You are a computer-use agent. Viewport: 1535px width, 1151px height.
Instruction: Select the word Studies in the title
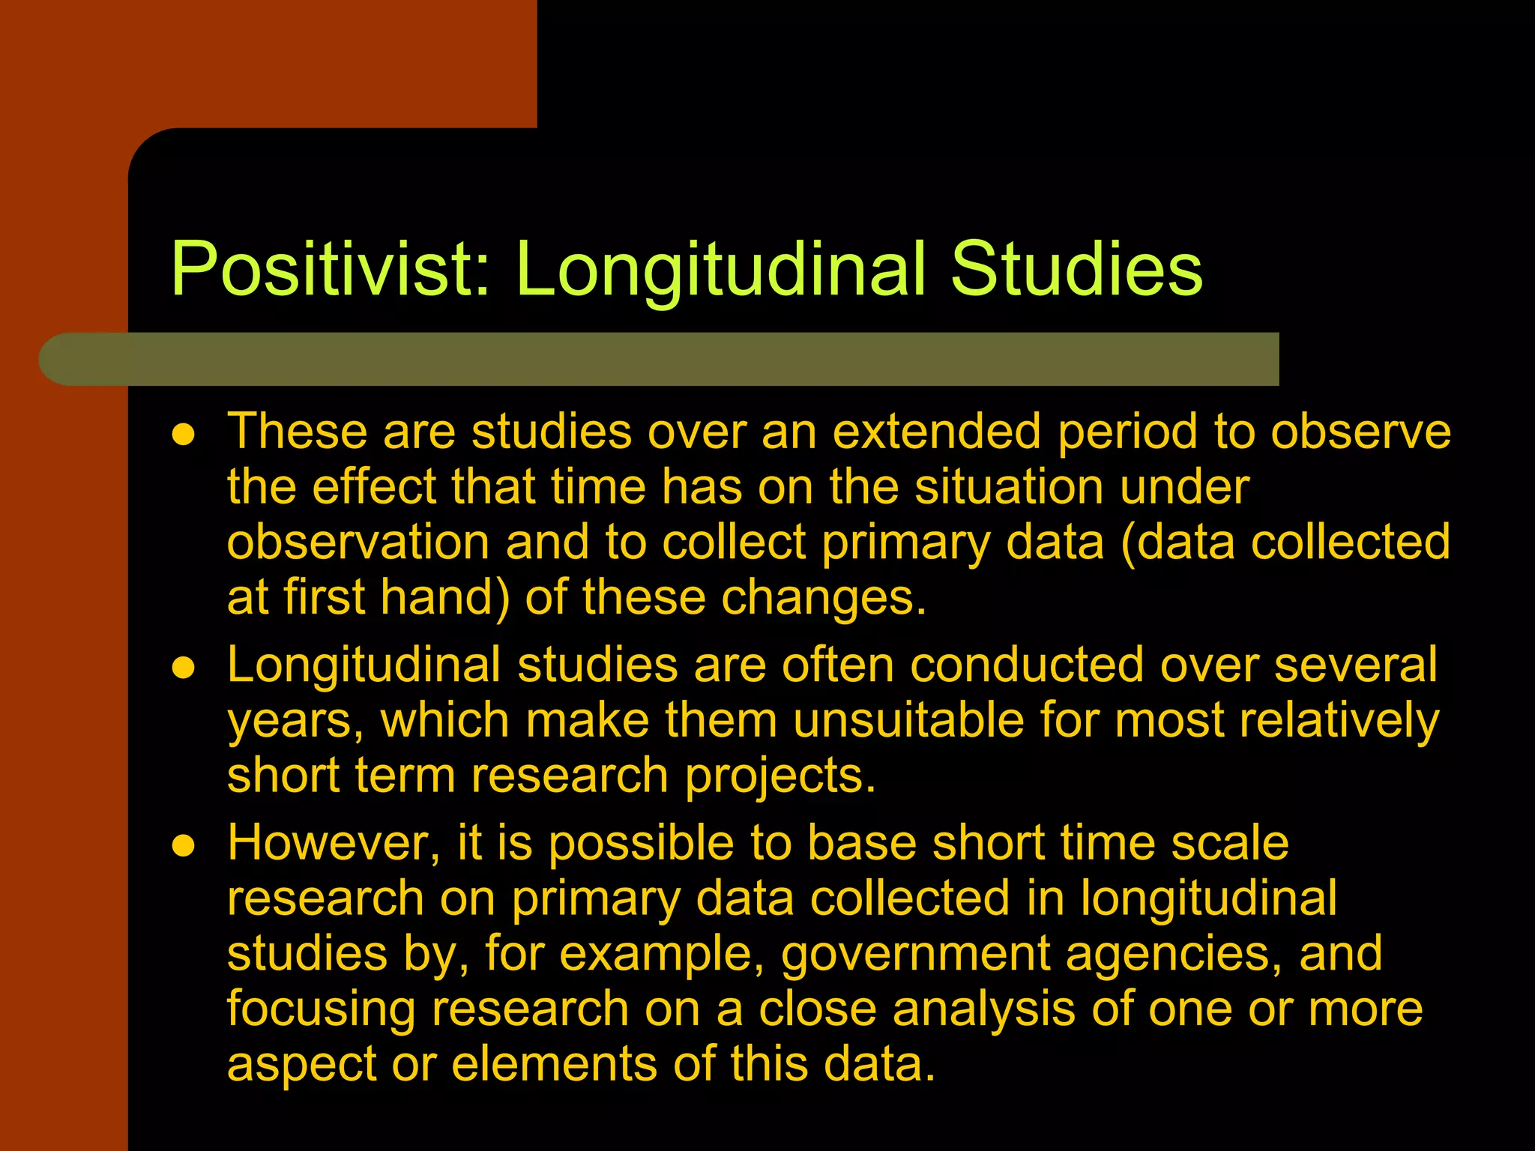(x=1076, y=270)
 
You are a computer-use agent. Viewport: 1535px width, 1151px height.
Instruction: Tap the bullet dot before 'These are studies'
(x=184, y=435)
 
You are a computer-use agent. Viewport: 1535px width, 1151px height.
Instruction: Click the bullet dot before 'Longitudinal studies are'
(x=184, y=668)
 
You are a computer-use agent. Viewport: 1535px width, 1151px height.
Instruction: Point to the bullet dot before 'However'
(x=184, y=846)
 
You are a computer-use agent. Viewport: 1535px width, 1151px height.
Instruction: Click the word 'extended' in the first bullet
(x=936, y=432)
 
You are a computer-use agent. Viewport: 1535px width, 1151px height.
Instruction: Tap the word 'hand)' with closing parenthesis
(x=445, y=598)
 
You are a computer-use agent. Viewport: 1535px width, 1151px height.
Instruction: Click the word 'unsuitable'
(x=908, y=721)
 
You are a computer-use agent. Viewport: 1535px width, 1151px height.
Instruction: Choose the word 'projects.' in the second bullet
(x=779, y=776)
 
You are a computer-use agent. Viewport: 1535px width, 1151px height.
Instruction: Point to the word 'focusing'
(x=321, y=1009)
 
